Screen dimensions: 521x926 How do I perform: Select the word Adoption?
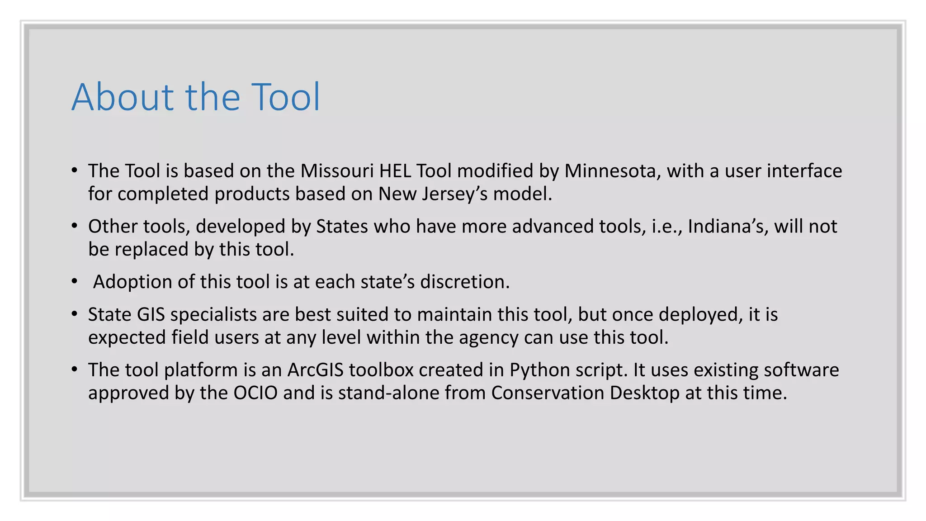[132, 282]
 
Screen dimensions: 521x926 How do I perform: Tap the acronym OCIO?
[255, 393]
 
